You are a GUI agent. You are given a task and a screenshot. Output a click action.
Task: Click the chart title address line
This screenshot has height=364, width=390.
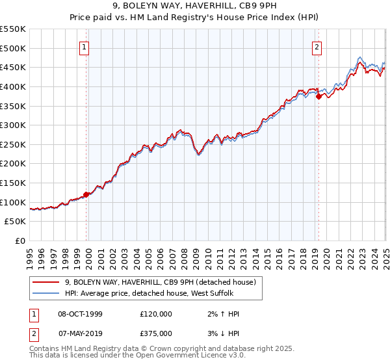tap(194, 6)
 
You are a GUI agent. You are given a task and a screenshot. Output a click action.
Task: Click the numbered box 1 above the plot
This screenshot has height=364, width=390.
tap(86, 46)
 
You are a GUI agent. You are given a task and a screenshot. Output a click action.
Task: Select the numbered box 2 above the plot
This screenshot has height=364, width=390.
tap(317, 46)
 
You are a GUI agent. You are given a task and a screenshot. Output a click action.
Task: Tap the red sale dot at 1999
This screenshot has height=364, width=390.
tap(86, 194)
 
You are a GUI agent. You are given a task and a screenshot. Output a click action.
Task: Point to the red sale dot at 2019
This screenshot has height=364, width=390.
tap(318, 96)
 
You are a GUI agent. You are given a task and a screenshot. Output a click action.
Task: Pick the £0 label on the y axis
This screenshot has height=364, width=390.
tap(21, 241)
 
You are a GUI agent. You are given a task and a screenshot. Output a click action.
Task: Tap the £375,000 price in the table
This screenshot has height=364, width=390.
tap(156, 333)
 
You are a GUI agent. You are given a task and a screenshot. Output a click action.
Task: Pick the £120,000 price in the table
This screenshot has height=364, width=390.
tap(156, 314)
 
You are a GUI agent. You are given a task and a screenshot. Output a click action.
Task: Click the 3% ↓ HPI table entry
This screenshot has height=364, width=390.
tap(222, 333)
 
